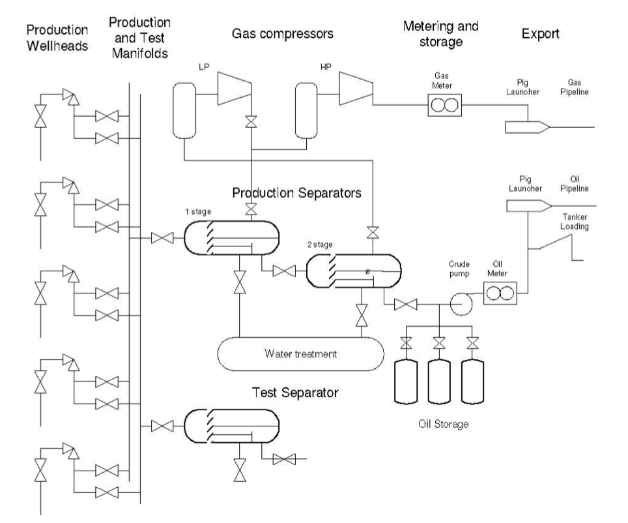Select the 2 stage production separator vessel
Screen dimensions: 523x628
[353, 269]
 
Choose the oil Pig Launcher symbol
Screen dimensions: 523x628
[527, 205]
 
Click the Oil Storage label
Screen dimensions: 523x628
[442, 424]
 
